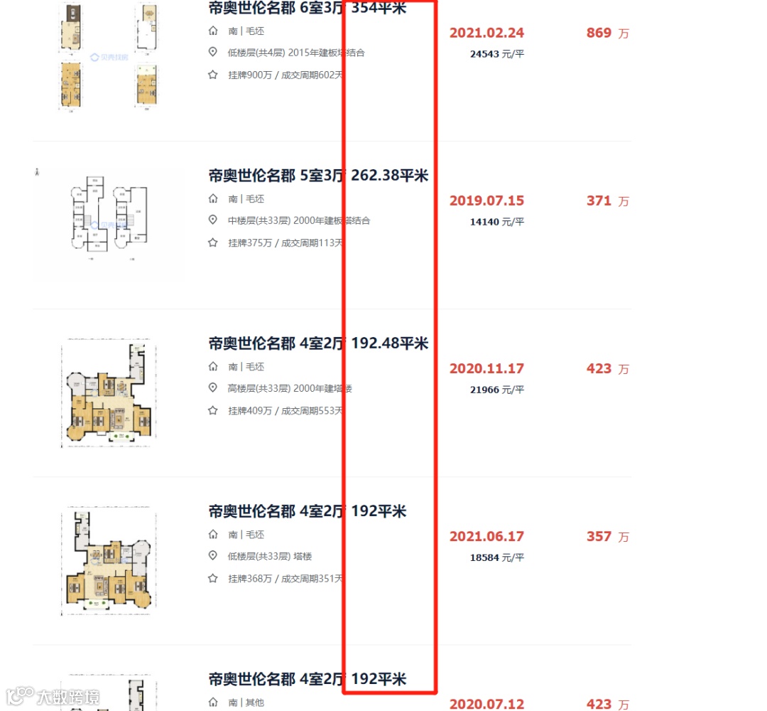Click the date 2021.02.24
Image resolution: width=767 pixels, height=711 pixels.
coord(486,33)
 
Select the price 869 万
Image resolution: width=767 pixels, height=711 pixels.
coord(607,33)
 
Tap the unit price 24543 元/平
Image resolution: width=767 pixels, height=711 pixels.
coord(497,54)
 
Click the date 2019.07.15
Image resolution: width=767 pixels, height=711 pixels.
coord(486,201)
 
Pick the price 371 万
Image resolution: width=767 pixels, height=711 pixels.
coord(607,201)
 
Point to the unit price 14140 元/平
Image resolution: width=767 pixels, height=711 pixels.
coord(497,222)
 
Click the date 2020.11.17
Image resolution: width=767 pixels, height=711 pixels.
coord(486,369)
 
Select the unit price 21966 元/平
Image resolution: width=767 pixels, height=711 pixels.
coord(497,390)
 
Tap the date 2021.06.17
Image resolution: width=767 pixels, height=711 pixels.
coord(486,537)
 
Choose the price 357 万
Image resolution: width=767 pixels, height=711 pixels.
coord(607,537)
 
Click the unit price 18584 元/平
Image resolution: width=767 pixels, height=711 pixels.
coord(497,557)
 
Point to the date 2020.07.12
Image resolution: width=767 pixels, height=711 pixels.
coord(486,704)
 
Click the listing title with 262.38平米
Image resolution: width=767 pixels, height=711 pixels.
coord(318,176)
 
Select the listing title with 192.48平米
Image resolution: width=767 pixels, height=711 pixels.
coord(318,343)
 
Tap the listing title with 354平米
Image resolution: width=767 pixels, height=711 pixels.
coord(307,9)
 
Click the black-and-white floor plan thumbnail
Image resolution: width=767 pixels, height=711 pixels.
coord(109,217)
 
